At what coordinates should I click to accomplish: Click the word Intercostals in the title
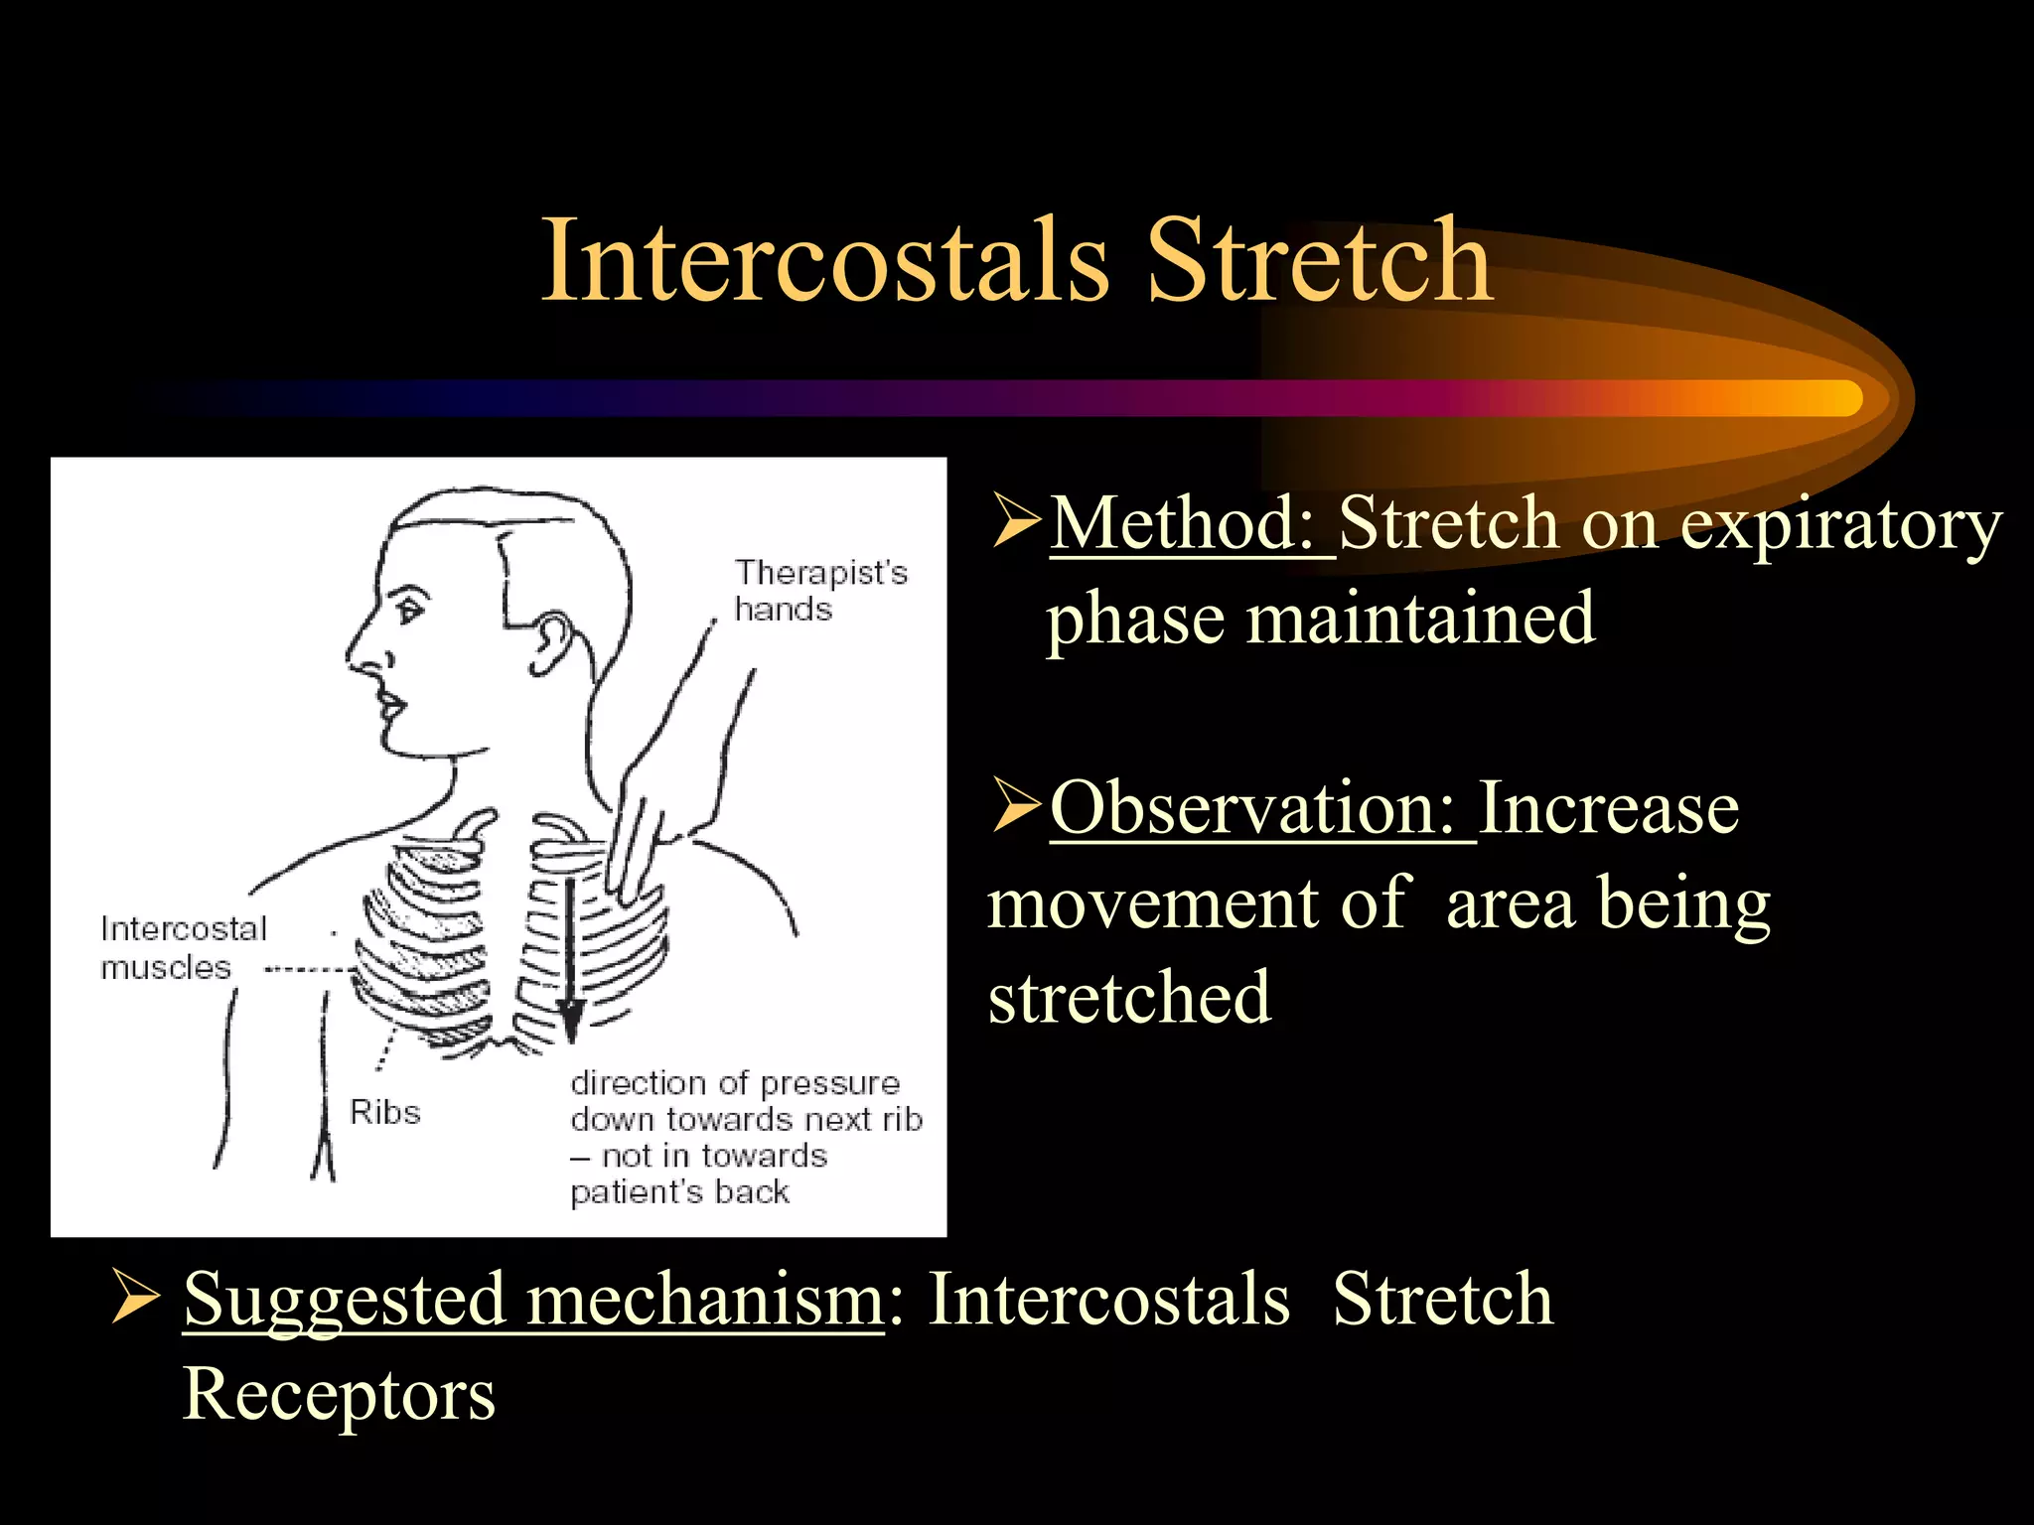click(x=824, y=260)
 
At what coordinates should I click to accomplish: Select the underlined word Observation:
click(x=1261, y=808)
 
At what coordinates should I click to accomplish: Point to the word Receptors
click(x=339, y=1394)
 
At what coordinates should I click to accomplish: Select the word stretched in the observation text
click(x=1129, y=997)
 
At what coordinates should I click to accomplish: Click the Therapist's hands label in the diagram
click(x=820, y=590)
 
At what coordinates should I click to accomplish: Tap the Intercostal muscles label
click(x=184, y=947)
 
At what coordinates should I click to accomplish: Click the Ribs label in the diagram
click(x=385, y=1112)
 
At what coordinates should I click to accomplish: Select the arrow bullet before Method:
click(x=1015, y=523)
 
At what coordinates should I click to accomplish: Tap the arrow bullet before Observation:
click(x=1015, y=808)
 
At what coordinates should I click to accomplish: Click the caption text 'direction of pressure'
click(x=735, y=1082)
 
